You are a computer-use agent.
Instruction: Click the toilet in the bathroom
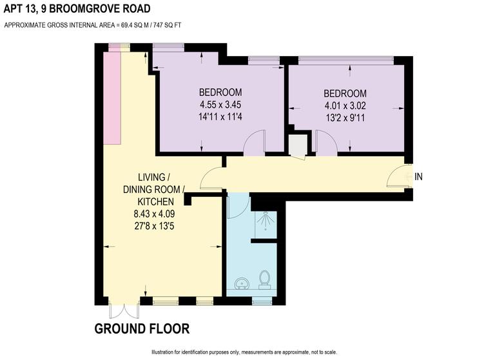264,279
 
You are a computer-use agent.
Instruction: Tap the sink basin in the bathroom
241,283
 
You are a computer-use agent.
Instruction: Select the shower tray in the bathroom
264,224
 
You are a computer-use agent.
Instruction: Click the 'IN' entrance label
418,176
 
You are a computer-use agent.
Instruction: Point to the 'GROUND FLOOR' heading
142,329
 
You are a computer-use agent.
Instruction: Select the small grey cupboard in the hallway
297,145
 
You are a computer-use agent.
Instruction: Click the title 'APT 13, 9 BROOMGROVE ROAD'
77,9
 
